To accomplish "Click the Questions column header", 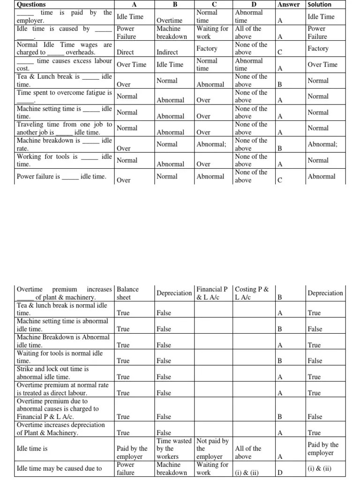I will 31,4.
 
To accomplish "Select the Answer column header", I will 288,4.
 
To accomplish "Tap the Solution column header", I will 319,4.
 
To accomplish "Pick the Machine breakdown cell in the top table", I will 172,32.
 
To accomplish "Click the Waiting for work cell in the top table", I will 212,32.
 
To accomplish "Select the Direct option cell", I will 125,52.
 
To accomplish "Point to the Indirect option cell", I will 169,52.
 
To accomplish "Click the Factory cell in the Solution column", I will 318,48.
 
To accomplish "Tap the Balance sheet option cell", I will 127,293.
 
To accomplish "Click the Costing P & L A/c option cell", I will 252,293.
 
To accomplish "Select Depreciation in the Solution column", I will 325,293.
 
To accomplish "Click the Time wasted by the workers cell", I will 174,449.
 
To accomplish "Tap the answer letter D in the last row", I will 280,472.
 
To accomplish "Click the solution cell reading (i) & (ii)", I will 320,468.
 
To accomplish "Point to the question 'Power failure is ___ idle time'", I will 61,177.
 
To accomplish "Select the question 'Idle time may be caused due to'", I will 59,468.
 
